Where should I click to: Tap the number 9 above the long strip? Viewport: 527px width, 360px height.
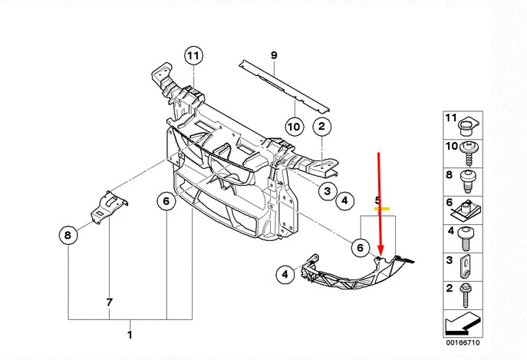click(x=272, y=54)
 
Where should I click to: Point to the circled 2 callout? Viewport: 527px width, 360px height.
click(x=322, y=127)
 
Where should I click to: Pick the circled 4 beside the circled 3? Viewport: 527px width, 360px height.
click(x=344, y=201)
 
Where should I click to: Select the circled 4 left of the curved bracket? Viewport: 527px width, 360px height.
click(x=285, y=273)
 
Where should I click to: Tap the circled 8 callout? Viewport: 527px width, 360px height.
click(x=68, y=235)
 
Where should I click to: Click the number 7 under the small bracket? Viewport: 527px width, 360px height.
click(x=109, y=302)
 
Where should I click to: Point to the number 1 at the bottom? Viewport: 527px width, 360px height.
click(x=130, y=335)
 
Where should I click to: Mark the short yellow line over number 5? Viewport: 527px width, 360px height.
click(x=381, y=208)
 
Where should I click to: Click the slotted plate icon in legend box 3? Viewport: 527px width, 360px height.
click(x=466, y=266)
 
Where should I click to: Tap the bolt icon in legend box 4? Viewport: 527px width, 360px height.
click(x=465, y=237)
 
